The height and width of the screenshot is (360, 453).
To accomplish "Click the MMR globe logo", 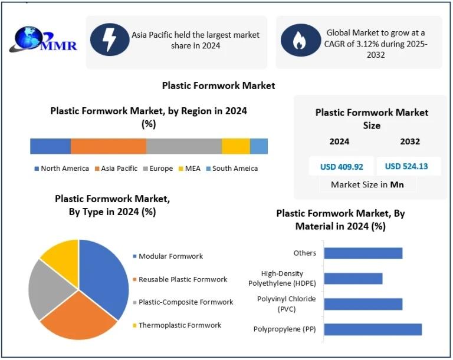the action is pyautogui.click(x=43, y=39).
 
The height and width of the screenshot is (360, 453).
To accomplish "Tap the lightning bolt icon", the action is pyautogui.click(x=110, y=39).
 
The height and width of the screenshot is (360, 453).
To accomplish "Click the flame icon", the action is pyautogui.click(x=300, y=40).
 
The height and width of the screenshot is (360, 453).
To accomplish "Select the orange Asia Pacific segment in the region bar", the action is pyautogui.click(x=109, y=146).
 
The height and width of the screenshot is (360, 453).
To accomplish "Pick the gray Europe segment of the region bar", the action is pyautogui.click(x=184, y=146).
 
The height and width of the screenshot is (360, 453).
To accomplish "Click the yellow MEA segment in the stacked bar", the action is pyautogui.click(x=236, y=146).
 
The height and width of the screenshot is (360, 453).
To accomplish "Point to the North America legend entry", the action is pyautogui.click(x=61, y=169).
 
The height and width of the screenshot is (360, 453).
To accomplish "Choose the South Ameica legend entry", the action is pyautogui.click(x=232, y=169).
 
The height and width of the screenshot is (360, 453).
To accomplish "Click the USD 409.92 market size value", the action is pyautogui.click(x=342, y=167).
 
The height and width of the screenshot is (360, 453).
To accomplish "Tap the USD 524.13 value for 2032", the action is pyautogui.click(x=406, y=166).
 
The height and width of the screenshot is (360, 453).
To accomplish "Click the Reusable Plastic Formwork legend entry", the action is pyautogui.click(x=180, y=279).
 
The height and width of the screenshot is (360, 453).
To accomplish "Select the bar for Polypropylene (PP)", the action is pyautogui.click(x=373, y=329).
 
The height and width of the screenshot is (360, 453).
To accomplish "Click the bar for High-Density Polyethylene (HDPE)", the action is pyautogui.click(x=353, y=279).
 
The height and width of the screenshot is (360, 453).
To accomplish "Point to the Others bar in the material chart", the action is pyautogui.click(x=363, y=253).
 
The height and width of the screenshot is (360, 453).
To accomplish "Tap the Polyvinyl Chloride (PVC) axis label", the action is pyautogui.click(x=287, y=304).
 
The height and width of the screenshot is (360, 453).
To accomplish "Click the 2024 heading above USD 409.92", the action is pyautogui.click(x=340, y=142).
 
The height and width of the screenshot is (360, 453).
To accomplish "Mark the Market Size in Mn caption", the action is pyautogui.click(x=367, y=184).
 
